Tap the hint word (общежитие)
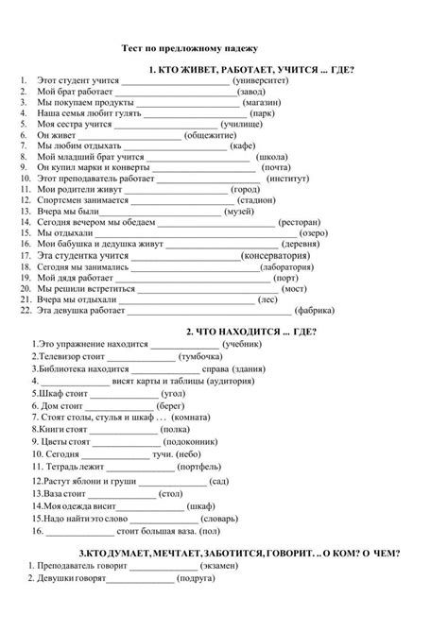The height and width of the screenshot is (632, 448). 215,135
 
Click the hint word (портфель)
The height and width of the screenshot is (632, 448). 205,466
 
